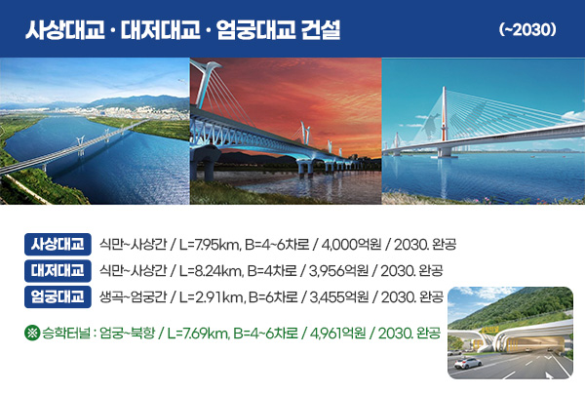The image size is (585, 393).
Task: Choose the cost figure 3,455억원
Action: click(336, 295)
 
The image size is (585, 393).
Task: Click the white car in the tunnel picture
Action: click(467, 363)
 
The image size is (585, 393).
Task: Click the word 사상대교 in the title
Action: click(67, 29)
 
